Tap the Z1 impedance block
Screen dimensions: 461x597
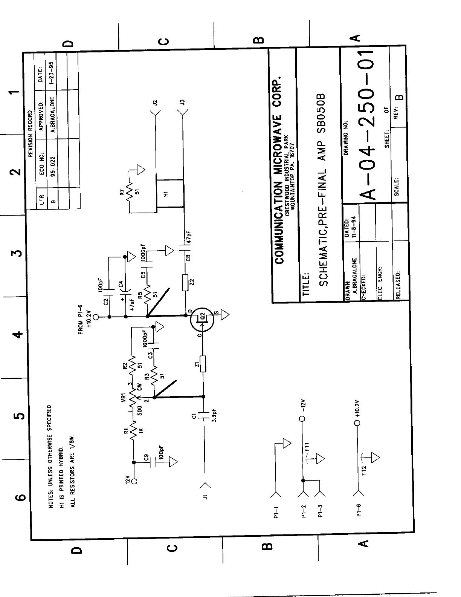203,364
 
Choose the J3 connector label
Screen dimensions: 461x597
182,102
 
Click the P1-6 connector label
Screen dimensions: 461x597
359,510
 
